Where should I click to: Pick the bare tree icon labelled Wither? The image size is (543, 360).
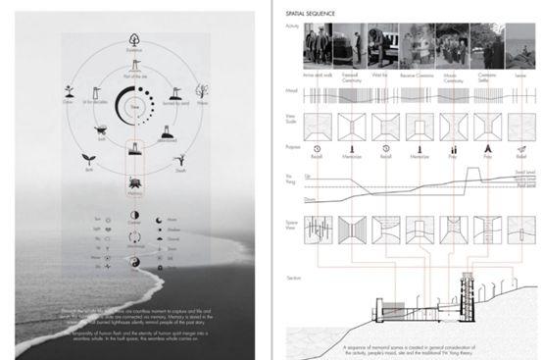tap(197, 86)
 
